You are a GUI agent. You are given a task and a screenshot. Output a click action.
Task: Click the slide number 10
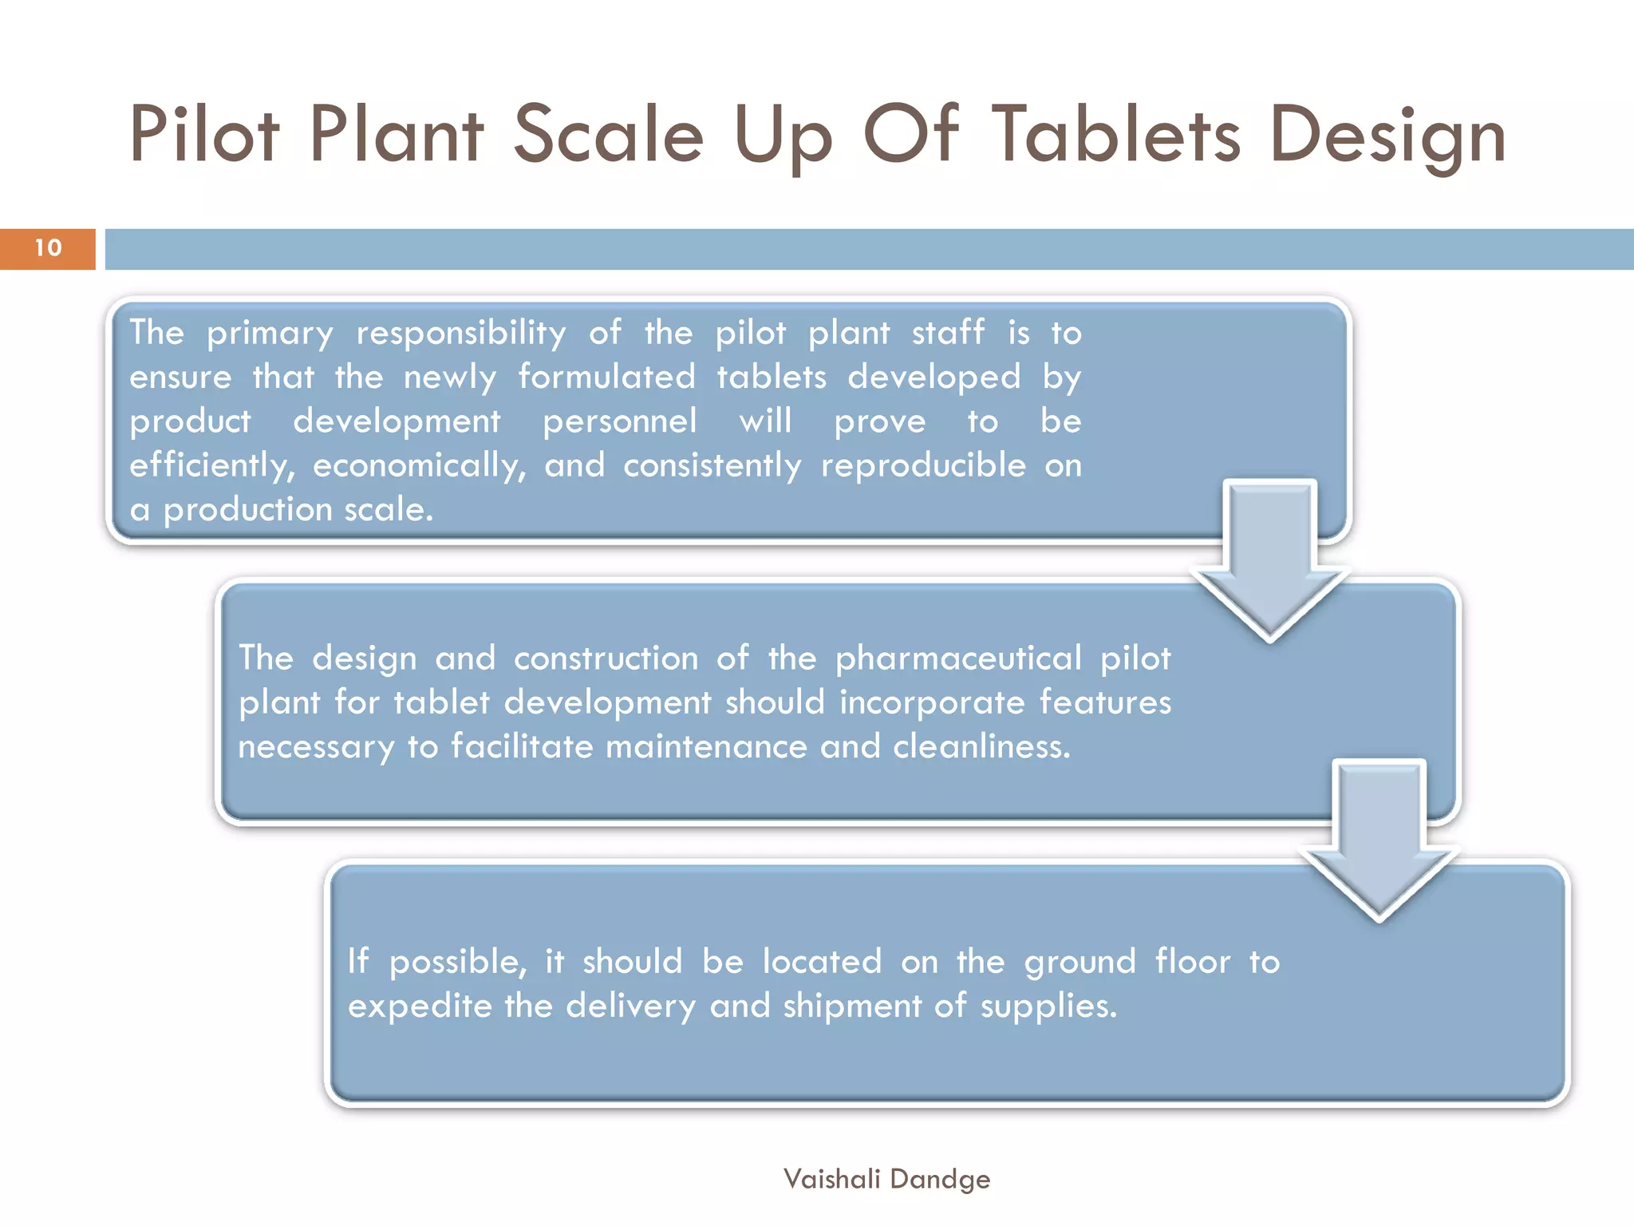pos(48,248)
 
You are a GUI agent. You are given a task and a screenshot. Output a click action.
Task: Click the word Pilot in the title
pos(204,134)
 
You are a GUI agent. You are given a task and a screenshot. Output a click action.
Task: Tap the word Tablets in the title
pos(1116,134)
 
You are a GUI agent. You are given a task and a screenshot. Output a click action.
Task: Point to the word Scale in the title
pos(608,134)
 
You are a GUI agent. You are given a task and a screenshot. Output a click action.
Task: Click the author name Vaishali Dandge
pos(886,1179)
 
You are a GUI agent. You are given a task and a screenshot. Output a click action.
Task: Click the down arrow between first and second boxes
pos(1269,559)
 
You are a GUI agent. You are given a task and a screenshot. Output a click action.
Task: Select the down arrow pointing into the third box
pos(1379,838)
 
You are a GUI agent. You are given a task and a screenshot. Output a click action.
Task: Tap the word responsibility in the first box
pos(461,334)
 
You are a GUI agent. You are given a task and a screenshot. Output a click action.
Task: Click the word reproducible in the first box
pos(923,466)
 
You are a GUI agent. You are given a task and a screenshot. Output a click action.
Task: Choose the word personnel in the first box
pos(620,421)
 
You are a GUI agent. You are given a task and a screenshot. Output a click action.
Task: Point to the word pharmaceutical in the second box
pos(958,659)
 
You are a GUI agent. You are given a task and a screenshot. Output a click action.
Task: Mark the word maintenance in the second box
pos(706,747)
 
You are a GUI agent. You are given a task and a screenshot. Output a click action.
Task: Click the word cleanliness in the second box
pos(981,747)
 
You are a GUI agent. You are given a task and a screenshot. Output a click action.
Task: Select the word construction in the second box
pos(606,659)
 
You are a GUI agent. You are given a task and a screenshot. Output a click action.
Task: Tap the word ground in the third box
pos(1079,963)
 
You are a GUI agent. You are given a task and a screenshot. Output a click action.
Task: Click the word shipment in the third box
pos(852,1007)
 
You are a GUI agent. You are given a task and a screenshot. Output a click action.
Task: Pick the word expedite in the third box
pos(420,1007)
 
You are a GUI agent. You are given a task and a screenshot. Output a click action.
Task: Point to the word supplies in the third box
pos(1048,1007)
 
